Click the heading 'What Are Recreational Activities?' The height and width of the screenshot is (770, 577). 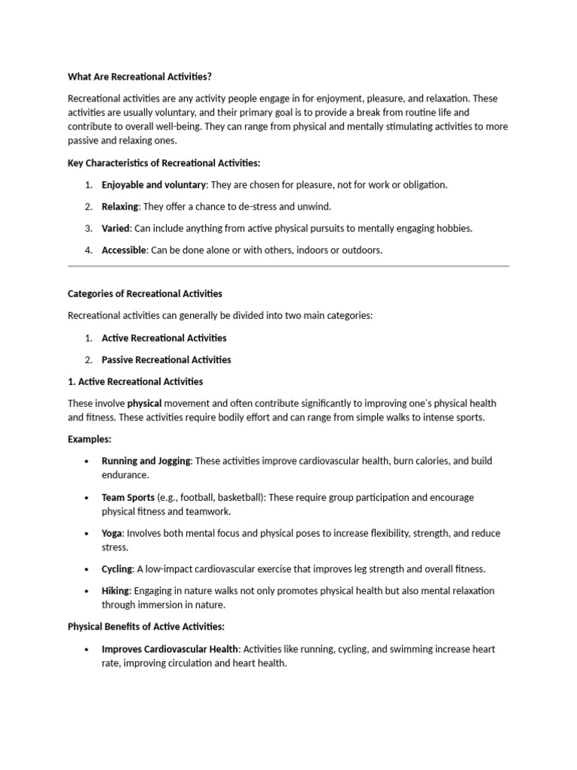(145, 76)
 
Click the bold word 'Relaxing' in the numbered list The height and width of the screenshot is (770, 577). (120, 206)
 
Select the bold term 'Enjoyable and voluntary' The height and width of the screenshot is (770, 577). (153, 184)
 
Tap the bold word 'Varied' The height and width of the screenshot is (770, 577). (116, 228)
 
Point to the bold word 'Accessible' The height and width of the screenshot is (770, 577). (124, 250)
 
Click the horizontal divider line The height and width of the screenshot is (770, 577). (288, 265)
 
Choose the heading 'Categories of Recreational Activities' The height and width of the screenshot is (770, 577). (145, 293)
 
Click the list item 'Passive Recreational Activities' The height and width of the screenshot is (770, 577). (166, 359)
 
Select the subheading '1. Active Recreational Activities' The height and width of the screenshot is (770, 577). (135, 381)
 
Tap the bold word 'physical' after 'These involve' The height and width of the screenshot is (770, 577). (144, 403)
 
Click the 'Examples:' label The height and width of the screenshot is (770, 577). (89, 438)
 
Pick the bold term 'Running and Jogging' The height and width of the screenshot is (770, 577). (146, 460)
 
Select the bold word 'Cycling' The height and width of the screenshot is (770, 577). (117, 569)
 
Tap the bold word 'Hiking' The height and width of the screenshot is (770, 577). (116, 590)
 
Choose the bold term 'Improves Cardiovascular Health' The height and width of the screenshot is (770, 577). (171, 648)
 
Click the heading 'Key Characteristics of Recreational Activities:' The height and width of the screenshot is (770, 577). (164, 162)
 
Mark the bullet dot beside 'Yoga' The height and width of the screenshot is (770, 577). (88, 533)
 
